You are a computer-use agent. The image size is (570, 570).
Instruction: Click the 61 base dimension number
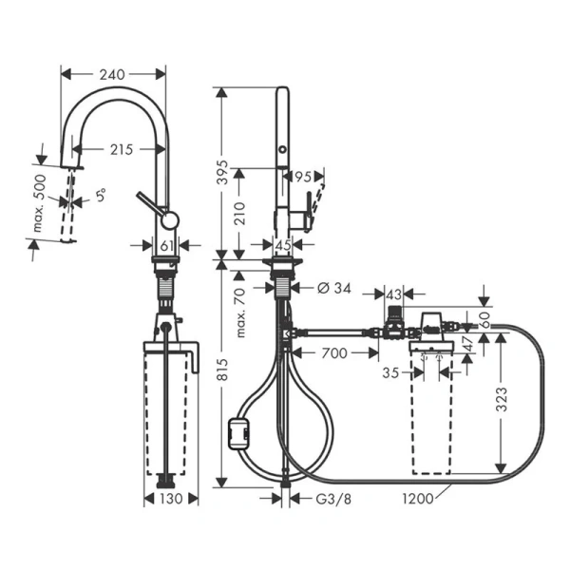point(166,247)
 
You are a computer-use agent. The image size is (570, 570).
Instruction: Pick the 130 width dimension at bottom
point(171,499)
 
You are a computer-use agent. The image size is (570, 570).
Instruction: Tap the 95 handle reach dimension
point(304,177)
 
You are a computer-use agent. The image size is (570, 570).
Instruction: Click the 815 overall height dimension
point(221,376)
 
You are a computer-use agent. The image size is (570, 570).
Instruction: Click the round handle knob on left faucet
point(168,220)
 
